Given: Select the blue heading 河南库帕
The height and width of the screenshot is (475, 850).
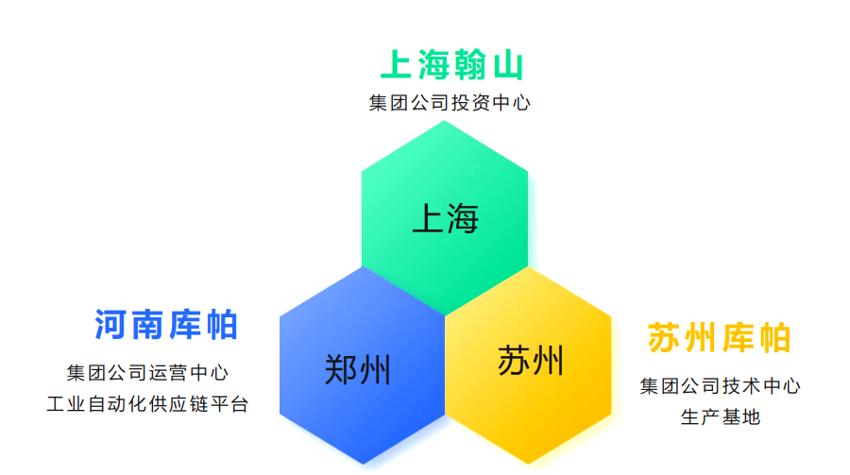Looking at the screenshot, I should pyautogui.click(x=166, y=325).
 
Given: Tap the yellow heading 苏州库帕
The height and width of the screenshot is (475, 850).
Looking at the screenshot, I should pyautogui.click(x=719, y=338).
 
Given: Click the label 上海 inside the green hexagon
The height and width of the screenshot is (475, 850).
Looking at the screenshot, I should pyautogui.click(x=445, y=219).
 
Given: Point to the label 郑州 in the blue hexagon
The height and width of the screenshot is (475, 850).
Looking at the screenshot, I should pyautogui.click(x=357, y=369).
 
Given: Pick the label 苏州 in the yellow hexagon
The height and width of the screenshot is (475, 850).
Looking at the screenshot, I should pyautogui.click(x=531, y=361).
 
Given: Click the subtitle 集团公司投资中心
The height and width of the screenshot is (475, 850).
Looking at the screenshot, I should pyautogui.click(x=450, y=103).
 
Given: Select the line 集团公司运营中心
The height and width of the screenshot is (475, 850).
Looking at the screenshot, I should pyautogui.click(x=147, y=373).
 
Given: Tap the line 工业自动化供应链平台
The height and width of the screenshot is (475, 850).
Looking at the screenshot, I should pyautogui.click(x=147, y=404).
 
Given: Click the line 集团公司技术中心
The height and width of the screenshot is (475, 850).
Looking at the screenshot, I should pyautogui.click(x=720, y=385).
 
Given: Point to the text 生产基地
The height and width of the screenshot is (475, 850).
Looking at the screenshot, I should pyautogui.click(x=720, y=416).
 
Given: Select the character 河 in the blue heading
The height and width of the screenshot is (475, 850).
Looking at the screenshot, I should pyautogui.click(x=112, y=325).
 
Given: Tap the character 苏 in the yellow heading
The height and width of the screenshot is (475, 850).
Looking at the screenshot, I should pyautogui.click(x=665, y=338).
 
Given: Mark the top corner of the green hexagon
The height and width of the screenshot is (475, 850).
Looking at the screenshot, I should pyautogui.click(x=445, y=124).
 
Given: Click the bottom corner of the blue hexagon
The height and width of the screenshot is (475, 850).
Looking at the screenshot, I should pyautogui.click(x=362, y=465).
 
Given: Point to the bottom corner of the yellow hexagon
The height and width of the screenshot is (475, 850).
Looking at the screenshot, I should pyautogui.click(x=528, y=465).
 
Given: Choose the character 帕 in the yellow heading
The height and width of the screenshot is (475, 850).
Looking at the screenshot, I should pyautogui.click(x=773, y=338).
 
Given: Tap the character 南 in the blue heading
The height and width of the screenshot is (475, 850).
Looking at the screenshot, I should pyautogui.click(x=148, y=325).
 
